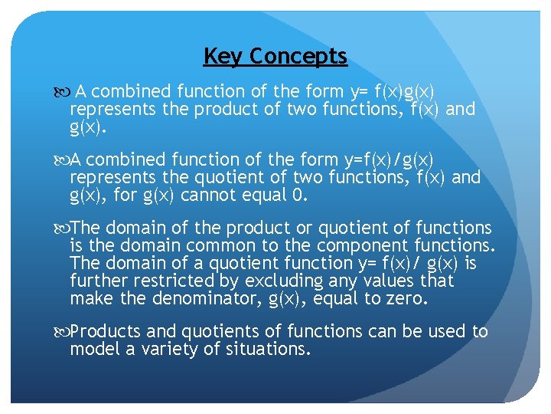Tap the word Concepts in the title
pyautogui.click(x=298, y=57)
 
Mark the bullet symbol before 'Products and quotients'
pyautogui.click(x=62, y=332)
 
